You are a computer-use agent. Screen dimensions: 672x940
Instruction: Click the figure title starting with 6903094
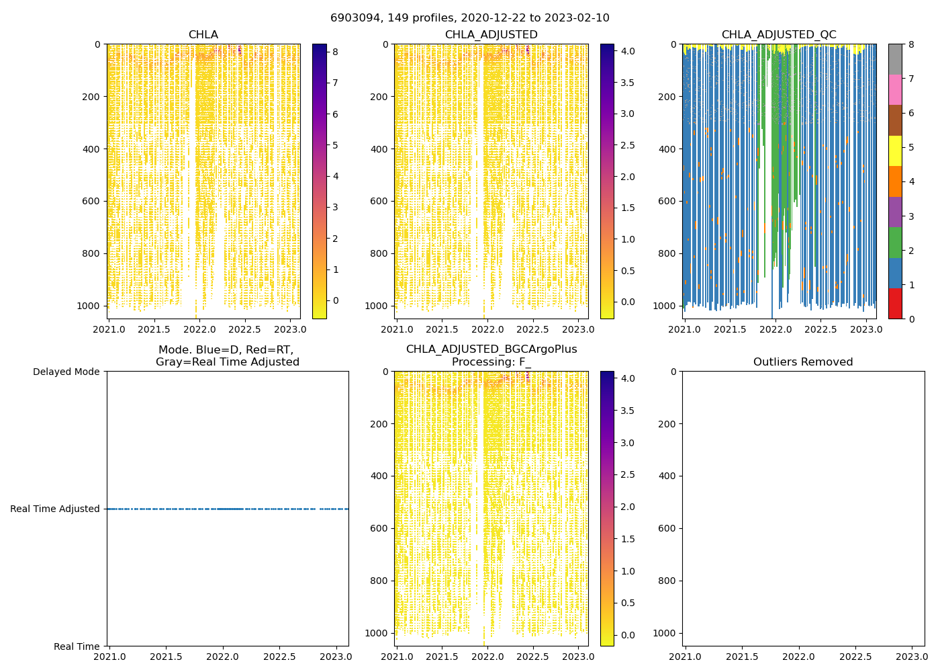click(470, 18)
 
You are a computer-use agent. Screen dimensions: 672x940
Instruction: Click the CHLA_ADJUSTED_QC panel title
click(779, 35)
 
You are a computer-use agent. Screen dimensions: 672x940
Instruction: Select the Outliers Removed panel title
click(803, 362)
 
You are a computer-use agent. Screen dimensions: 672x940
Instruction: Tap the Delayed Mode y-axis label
click(66, 372)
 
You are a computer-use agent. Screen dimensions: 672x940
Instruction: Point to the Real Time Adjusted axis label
click(55, 509)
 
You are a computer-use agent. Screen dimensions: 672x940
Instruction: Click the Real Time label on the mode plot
click(77, 646)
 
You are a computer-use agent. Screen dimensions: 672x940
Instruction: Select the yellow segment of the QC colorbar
click(895, 151)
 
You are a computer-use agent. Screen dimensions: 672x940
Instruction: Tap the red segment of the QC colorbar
click(895, 304)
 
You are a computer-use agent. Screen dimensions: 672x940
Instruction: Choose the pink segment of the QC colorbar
click(895, 89)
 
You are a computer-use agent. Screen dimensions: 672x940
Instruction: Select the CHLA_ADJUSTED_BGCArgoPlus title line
click(491, 349)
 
